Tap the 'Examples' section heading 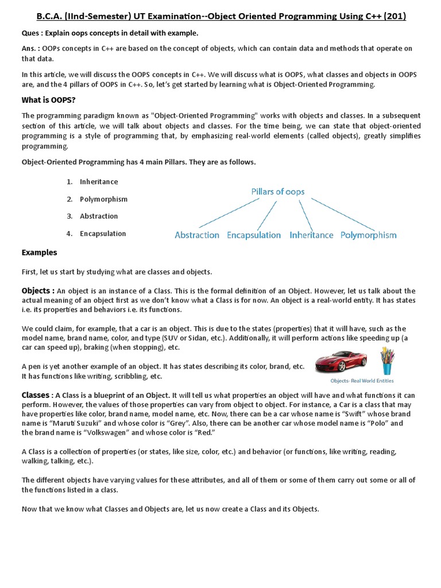coord(39,253)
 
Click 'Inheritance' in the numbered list coord(99,182)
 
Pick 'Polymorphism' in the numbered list coord(103,199)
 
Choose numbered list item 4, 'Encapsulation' coord(103,234)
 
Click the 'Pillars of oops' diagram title coord(278,192)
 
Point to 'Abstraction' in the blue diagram coord(197,235)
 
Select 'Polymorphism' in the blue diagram coord(368,235)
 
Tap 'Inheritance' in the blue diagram coord(311,235)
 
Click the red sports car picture coord(341,361)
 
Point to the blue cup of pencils coord(387,361)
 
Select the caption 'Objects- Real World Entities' coord(362,381)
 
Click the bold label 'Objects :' coord(38,291)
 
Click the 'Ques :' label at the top coord(32,33)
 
